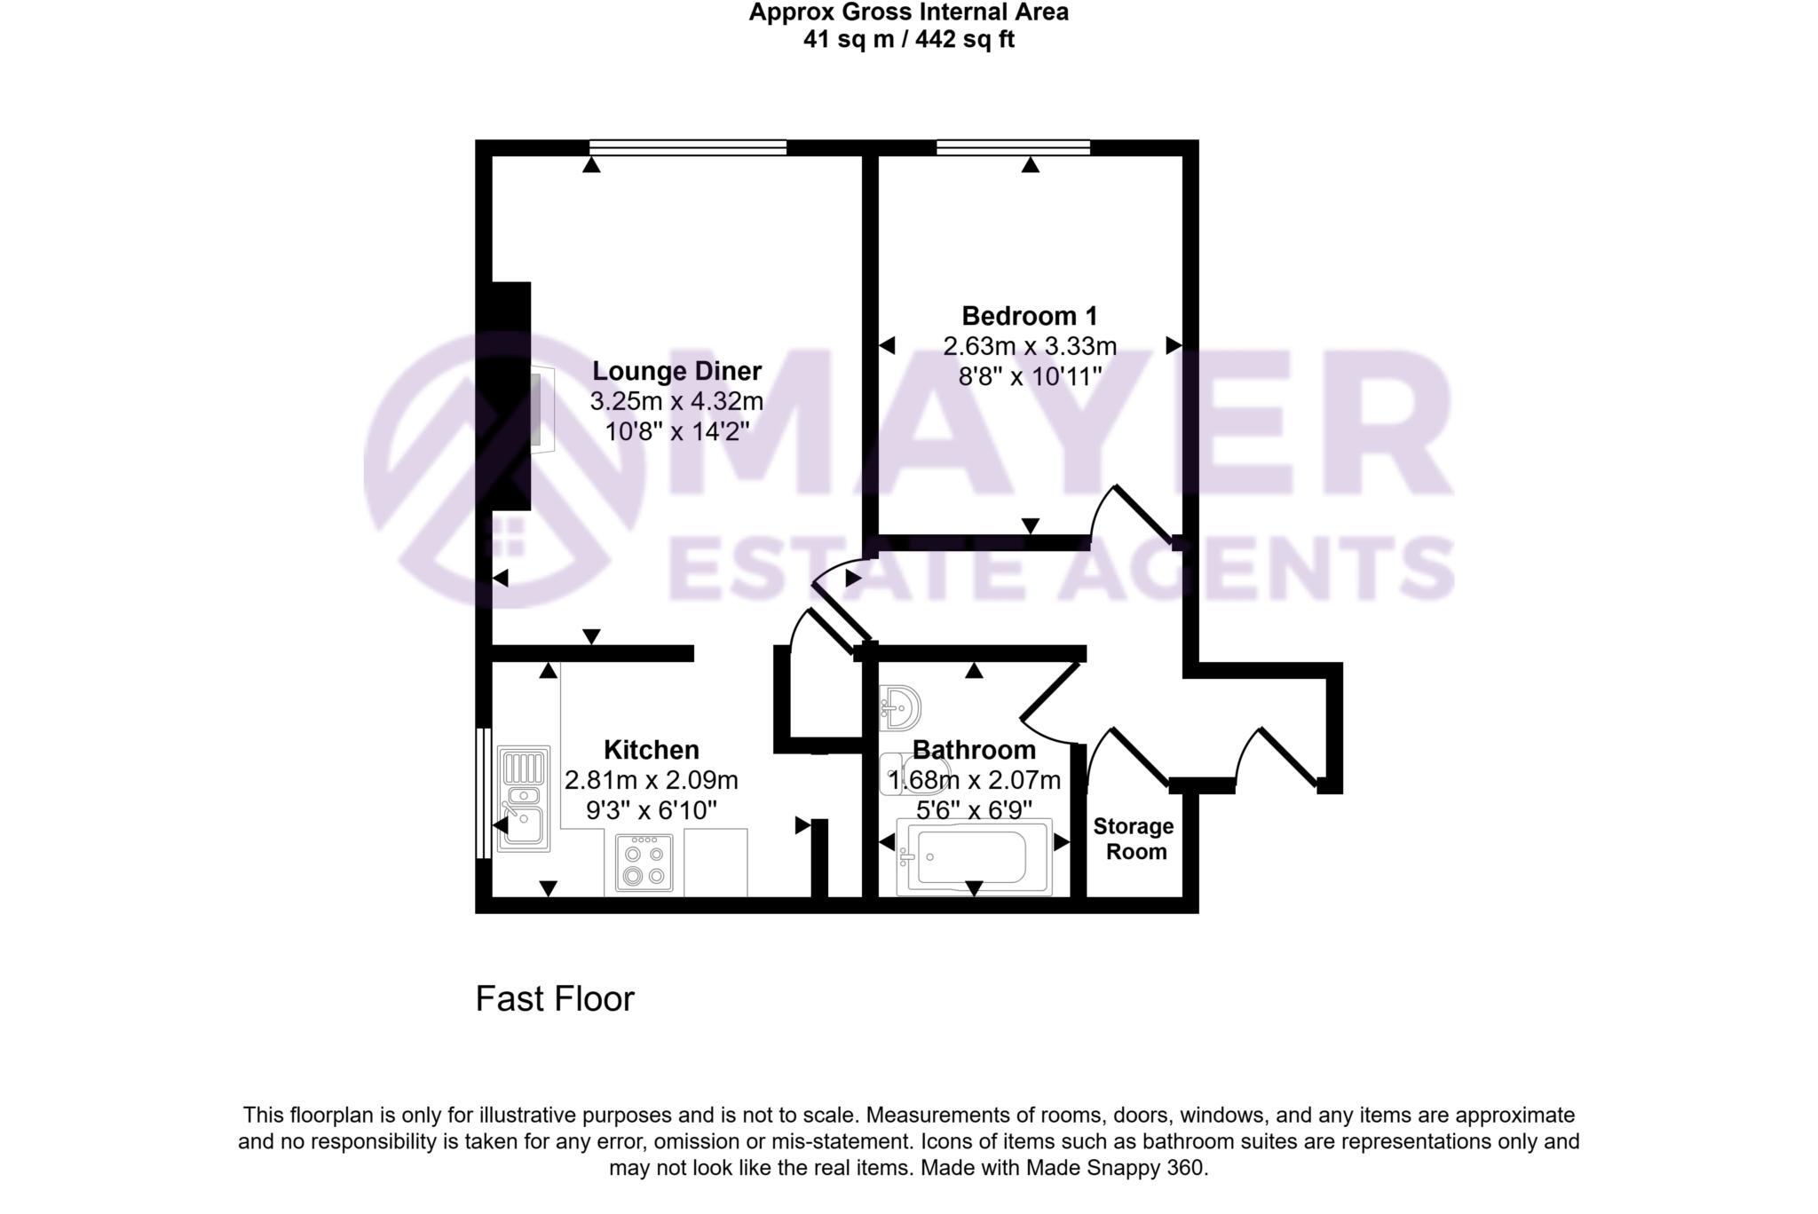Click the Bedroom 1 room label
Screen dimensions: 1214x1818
1029,316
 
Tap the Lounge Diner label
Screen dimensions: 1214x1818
676,371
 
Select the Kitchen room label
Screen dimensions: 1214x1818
651,750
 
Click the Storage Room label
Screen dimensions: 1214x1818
1134,839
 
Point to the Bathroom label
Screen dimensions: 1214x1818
974,750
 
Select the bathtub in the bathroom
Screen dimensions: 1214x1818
973,857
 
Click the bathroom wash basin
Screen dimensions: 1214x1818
900,708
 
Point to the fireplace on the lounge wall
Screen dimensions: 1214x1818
541,408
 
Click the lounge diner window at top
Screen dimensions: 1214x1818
688,147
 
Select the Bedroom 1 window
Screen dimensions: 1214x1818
1013,147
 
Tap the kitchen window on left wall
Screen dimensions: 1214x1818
483,792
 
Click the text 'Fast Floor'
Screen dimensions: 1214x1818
555,999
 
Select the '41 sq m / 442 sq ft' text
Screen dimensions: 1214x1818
908,40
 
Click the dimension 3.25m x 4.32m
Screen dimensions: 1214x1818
676,401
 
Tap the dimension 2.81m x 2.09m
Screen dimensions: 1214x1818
651,780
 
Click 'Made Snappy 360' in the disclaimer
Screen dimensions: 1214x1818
1116,1168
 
